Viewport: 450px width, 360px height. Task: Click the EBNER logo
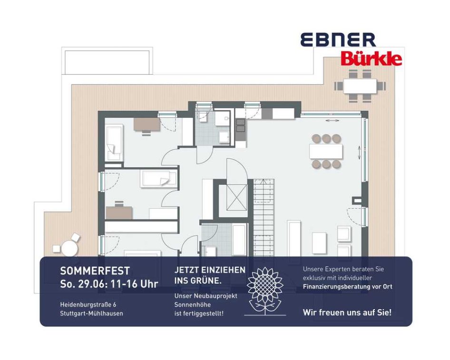point(338,39)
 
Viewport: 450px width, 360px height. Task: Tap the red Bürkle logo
point(372,58)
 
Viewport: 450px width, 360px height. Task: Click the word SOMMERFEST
point(95,271)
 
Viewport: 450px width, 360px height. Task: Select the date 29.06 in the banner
point(92,284)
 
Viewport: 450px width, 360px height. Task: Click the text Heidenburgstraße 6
point(88,304)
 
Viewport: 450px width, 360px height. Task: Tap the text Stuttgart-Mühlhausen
point(91,313)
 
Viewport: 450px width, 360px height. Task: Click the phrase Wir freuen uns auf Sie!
point(347,312)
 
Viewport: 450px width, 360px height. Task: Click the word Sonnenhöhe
point(193,305)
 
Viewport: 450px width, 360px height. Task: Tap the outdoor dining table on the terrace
point(360,86)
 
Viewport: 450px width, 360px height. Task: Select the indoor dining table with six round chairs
point(326,151)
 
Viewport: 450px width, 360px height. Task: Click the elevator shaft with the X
point(237,198)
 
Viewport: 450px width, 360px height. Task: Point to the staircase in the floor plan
point(264,218)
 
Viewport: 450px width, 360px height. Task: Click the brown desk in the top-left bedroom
point(147,124)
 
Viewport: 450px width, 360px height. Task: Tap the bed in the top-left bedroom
point(114,143)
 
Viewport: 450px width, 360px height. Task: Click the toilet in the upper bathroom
point(203,117)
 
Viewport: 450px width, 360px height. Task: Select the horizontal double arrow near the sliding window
point(333,121)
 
